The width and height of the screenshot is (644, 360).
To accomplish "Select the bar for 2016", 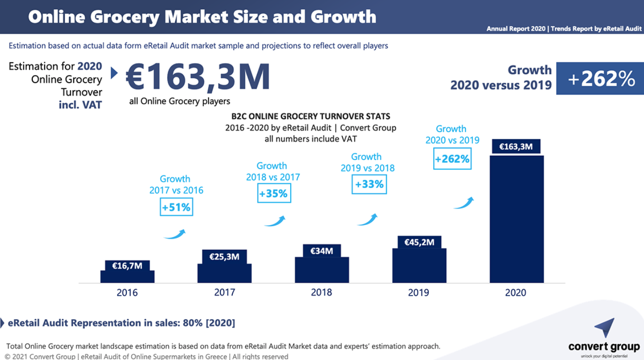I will pyautogui.click(x=127, y=276).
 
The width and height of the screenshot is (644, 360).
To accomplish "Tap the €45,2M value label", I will pyautogui.click(x=419, y=242).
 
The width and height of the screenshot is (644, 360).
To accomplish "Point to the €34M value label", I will pyautogui.click(x=322, y=251).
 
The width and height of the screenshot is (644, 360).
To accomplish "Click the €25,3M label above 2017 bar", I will pyautogui.click(x=224, y=256).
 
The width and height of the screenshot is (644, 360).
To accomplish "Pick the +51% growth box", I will pyautogui.click(x=176, y=208).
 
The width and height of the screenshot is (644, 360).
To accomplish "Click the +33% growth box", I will pyautogui.click(x=369, y=184).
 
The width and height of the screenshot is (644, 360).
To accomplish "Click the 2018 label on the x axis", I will pyautogui.click(x=322, y=293).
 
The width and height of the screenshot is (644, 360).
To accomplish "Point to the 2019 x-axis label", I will pyautogui.click(x=418, y=293).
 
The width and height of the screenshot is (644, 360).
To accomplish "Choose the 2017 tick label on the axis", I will pyautogui.click(x=224, y=293).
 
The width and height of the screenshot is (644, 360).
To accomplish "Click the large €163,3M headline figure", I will pyautogui.click(x=198, y=77).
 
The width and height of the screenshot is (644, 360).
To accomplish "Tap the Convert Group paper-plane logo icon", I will pyautogui.click(x=605, y=328).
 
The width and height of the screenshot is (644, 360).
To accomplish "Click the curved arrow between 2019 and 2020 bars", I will pyautogui.click(x=464, y=203).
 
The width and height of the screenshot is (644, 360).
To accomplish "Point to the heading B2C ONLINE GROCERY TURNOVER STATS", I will pyautogui.click(x=311, y=116).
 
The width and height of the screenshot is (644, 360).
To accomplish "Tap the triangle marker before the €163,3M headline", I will pyautogui.click(x=114, y=73).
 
